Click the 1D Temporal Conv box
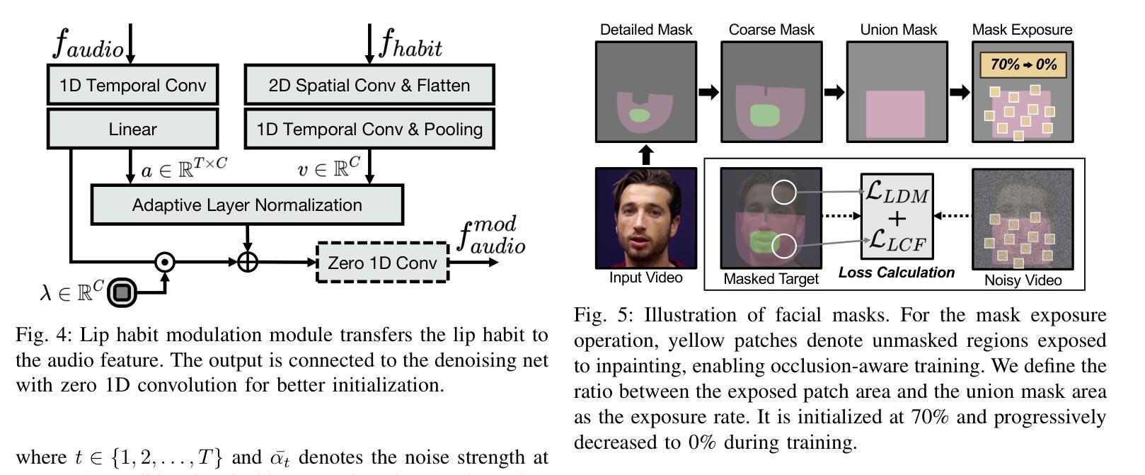pyautogui.click(x=132, y=86)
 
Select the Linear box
pyautogui.click(x=132, y=130)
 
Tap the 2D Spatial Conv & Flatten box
pyautogui.click(x=369, y=86)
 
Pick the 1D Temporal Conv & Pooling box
pyautogui.click(x=369, y=130)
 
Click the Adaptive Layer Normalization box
pyautogui.click(x=247, y=205)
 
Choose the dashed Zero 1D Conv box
pyautogui.click(x=382, y=263)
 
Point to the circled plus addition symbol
pyautogui.click(x=247, y=262)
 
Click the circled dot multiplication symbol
pyautogui.click(x=165, y=262)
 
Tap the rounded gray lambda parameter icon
pyautogui.click(x=122, y=292)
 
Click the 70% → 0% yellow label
pyautogui.click(x=1023, y=65)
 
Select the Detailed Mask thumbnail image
pyautogui.click(x=645, y=91)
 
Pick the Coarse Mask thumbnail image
pyautogui.click(x=771, y=91)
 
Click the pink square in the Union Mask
pyautogui.click(x=896, y=114)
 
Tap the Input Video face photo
pyautogui.click(x=645, y=218)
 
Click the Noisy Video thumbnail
pyautogui.click(x=1023, y=219)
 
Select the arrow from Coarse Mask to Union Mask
pyautogui.click(x=834, y=92)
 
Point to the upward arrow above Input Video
pyautogui.click(x=645, y=154)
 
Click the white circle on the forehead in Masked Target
pyautogui.click(x=783, y=192)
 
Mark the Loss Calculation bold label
pyautogui.click(x=896, y=273)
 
